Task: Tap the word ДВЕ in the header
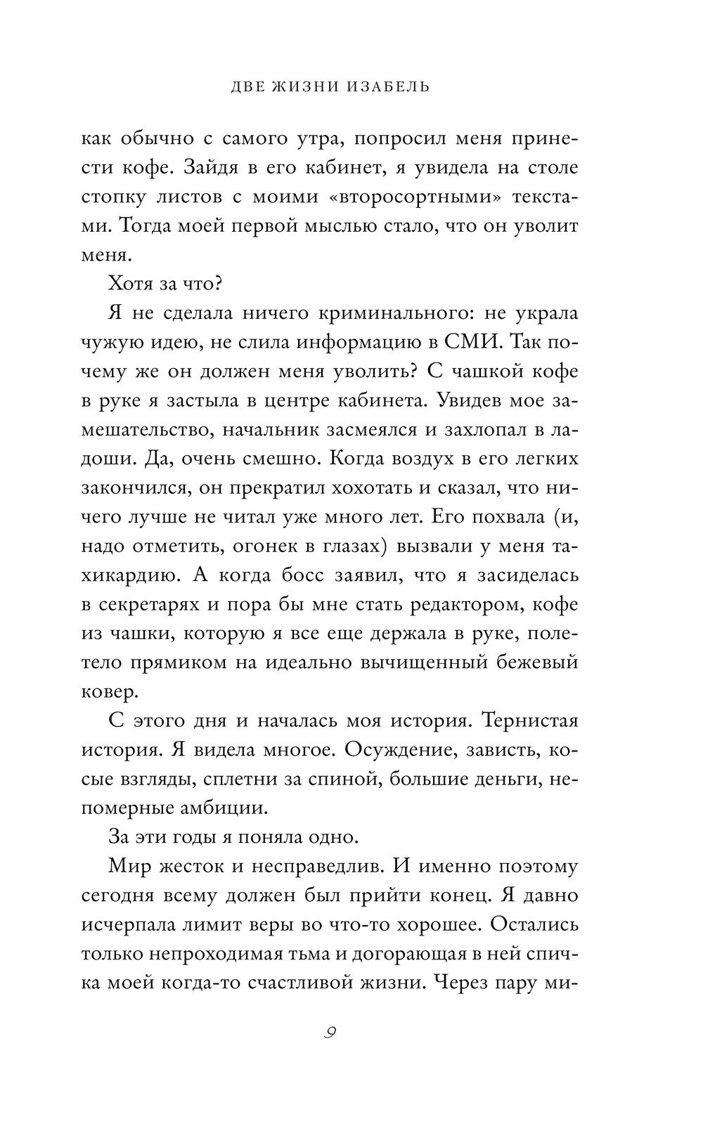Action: (252, 88)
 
